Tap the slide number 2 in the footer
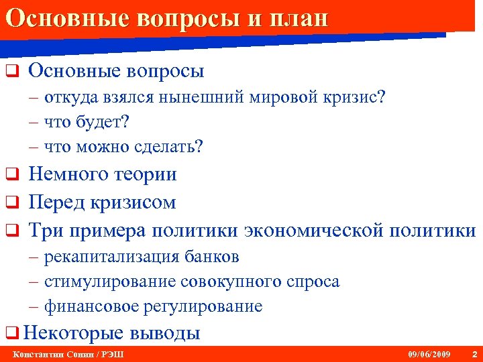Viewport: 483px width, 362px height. (474, 354)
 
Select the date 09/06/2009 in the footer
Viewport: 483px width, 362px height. (429, 354)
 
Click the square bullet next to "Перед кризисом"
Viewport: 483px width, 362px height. (11, 203)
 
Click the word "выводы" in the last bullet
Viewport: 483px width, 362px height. (166, 333)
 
